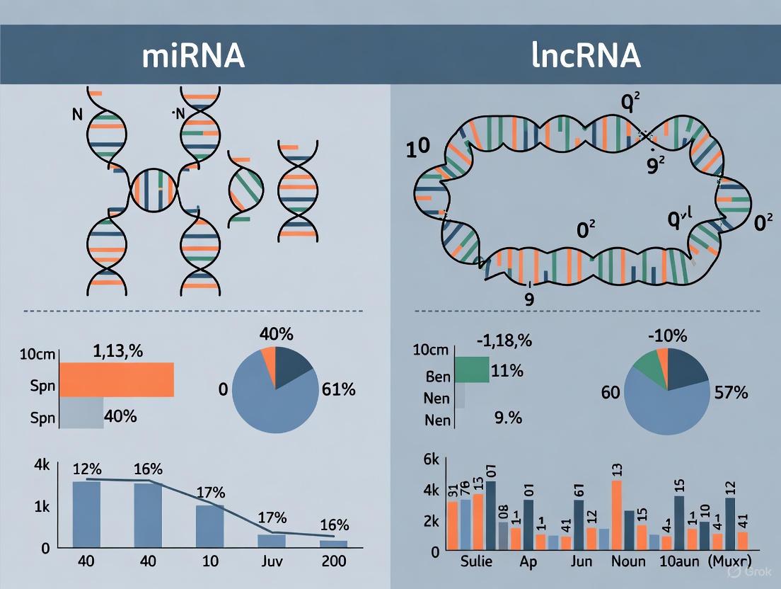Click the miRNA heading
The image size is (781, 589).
click(193, 56)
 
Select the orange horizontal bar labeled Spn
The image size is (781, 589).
click(116, 379)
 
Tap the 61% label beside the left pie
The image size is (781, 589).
click(338, 389)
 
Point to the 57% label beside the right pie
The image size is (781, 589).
click(730, 392)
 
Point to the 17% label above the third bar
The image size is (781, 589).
click(211, 492)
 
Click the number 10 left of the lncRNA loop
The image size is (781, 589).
click(419, 149)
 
